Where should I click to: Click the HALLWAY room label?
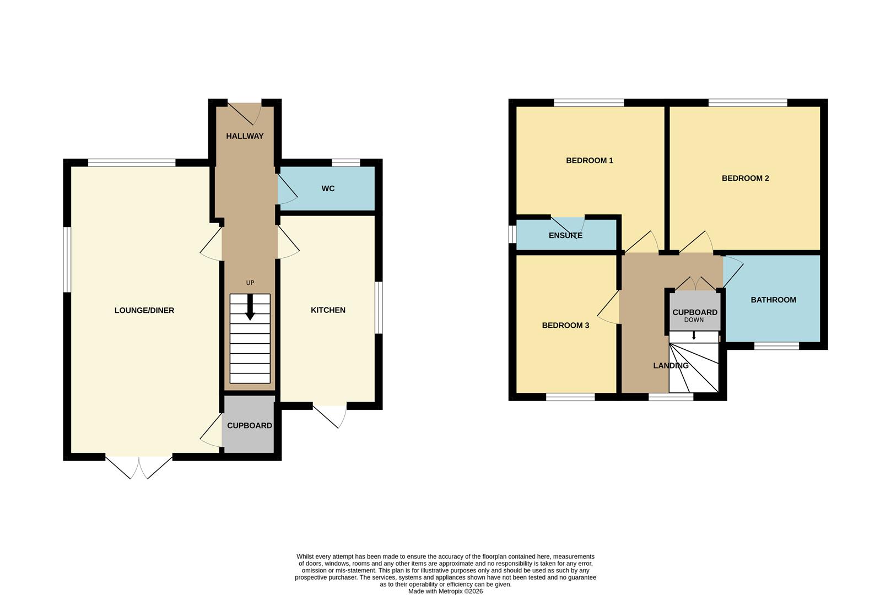tap(245, 136)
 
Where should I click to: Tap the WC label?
tap(328, 188)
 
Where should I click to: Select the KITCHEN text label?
tap(328, 310)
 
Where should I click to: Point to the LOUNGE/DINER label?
tap(144, 310)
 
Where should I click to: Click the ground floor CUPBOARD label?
tap(250, 425)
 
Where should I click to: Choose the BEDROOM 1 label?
tap(590, 161)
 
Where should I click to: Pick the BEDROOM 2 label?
tap(746, 178)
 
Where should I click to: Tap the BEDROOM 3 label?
tap(566, 326)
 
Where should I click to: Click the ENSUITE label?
tap(566, 235)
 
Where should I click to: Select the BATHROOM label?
tap(774, 300)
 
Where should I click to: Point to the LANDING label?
tap(671, 365)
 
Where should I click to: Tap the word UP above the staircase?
tap(250, 283)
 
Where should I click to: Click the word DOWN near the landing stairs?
tap(694, 320)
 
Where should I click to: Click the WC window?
tap(345, 163)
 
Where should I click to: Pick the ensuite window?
tap(512, 234)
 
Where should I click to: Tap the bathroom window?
tap(776, 346)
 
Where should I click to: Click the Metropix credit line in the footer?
tap(445, 592)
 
